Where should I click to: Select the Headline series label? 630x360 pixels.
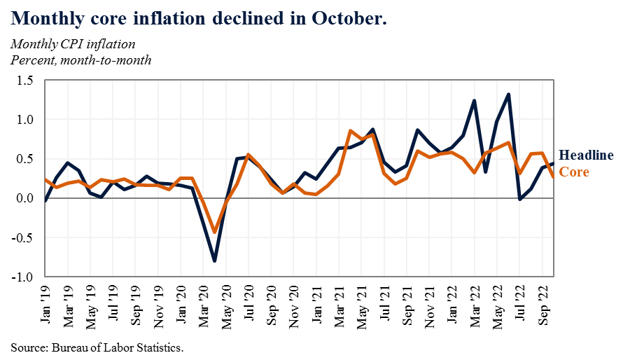point(586,155)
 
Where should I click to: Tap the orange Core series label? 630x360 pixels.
point(573,172)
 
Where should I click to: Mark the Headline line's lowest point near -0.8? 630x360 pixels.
point(214,261)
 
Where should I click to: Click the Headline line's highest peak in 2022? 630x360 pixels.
point(508,95)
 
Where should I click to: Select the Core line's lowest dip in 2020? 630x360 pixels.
point(214,231)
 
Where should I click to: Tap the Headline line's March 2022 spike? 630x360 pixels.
point(475,101)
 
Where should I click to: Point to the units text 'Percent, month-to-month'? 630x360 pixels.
point(80,60)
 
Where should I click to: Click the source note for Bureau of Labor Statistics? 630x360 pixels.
point(97,347)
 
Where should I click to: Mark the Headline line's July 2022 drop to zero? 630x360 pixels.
point(519,199)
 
